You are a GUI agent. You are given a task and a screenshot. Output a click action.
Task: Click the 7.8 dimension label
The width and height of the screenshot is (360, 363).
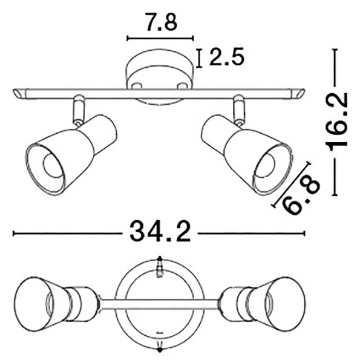[x=162, y=22]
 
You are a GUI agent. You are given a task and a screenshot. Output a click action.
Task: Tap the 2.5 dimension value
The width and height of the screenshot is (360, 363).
[x=227, y=57]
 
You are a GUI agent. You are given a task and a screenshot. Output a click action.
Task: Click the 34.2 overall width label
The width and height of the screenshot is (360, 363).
[x=160, y=232]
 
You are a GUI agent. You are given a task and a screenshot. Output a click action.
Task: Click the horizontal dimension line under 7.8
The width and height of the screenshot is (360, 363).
[x=160, y=39]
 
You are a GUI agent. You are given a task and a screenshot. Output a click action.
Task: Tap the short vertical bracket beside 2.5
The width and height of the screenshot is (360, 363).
[x=199, y=58]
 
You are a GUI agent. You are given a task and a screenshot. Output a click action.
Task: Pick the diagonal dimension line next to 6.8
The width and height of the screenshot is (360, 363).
[x=291, y=185]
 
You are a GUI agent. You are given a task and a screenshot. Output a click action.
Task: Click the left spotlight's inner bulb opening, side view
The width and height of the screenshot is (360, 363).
[x=53, y=166]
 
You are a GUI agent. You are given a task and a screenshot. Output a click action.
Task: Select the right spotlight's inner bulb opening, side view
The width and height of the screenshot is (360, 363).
[x=266, y=165]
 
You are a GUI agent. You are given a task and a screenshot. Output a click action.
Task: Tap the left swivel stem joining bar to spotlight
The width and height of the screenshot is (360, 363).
[x=78, y=110]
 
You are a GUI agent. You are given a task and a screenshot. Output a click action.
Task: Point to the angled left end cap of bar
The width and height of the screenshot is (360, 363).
[x=19, y=94]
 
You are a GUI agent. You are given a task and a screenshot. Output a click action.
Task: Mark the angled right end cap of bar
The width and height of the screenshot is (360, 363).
[x=297, y=93]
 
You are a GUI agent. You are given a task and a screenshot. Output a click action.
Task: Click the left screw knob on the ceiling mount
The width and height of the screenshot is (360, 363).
[x=137, y=86]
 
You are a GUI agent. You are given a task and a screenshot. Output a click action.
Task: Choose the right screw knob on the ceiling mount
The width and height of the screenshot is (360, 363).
[x=182, y=86]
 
